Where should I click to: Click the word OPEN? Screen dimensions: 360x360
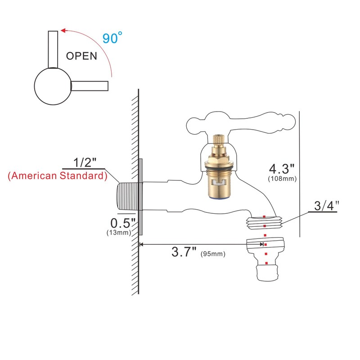[x=81, y=56]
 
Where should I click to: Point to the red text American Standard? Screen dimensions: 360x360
[x=57, y=176]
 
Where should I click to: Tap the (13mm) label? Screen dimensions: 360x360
[x=118, y=233]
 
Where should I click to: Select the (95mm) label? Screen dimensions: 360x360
[x=213, y=254]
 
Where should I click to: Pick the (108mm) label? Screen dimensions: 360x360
[x=281, y=179]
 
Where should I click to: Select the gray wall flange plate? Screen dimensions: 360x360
[x=140, y=196]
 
